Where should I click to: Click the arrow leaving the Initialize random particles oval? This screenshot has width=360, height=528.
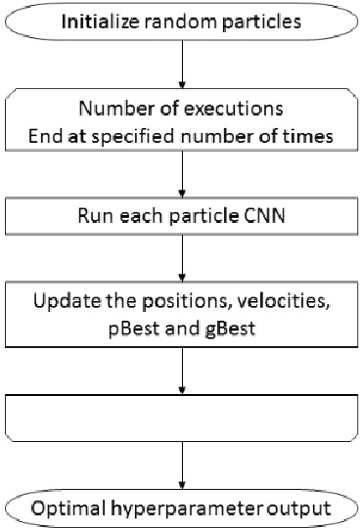[x=181, y=62]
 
